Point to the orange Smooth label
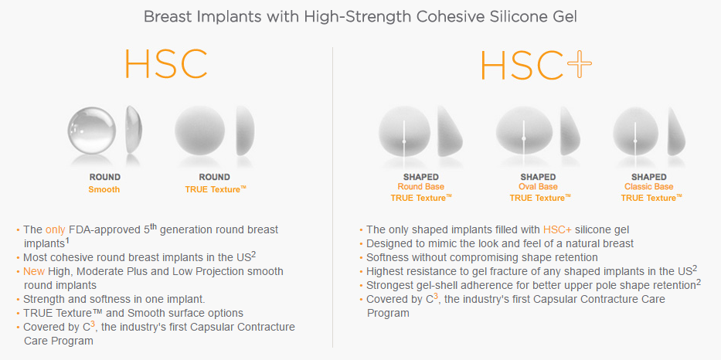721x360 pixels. click(x=104, y=189)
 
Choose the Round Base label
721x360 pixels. click(x=421, y=187)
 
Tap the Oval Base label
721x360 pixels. click(x=539, y=187)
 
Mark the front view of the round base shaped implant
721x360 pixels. click(x=404, y=128)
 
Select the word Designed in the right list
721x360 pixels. click(x=392, y=243)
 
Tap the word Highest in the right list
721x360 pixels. click(x=388, y=271)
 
